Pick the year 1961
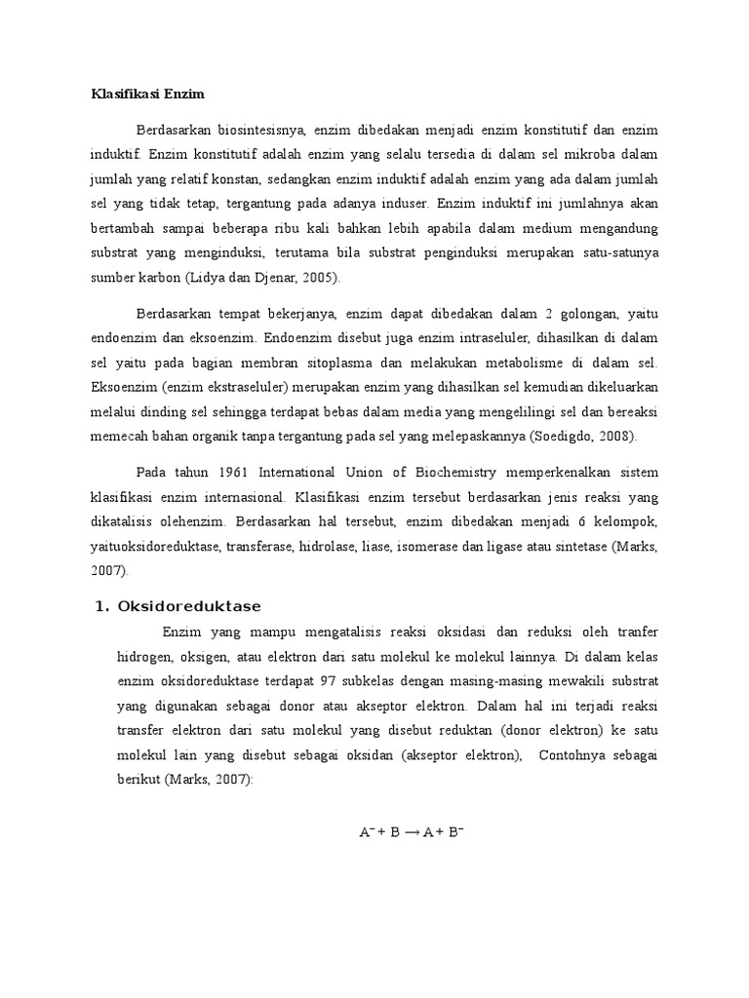[x=232, y=472]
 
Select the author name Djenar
[x=267, y=278]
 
